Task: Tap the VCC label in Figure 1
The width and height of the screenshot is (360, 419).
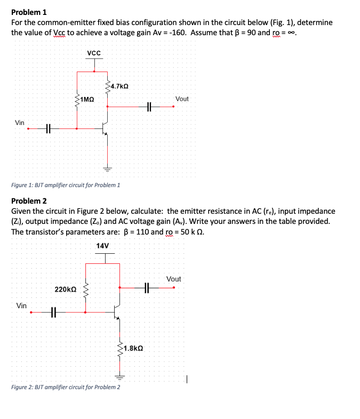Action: [94, 53]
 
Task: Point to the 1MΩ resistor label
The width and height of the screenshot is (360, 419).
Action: [87, 99]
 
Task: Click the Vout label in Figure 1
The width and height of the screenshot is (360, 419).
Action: [181, 99]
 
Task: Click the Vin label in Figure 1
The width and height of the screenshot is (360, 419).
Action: [20, 123]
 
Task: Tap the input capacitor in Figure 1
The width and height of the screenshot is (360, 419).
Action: [47, 128]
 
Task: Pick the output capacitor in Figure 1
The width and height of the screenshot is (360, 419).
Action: [149, 107]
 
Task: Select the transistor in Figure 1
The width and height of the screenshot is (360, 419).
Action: [105, 128]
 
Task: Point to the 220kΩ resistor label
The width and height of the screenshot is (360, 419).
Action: [66, 289]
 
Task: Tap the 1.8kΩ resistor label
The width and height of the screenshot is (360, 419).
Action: [133, 348]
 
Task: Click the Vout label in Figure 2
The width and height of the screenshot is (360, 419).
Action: [174, 279]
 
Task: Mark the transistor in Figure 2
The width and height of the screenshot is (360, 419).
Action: [117, 312]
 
